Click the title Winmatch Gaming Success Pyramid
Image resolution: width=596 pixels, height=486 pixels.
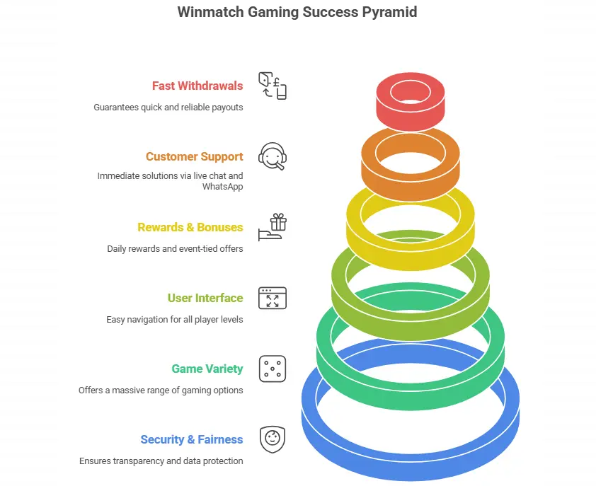coord(297,13)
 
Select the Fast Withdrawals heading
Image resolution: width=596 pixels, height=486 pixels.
coord(197,86)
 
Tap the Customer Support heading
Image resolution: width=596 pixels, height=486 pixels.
coord(194,156)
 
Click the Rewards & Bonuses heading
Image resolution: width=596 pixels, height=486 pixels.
coord(190,227)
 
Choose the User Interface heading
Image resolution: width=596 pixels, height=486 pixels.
coord(205,298)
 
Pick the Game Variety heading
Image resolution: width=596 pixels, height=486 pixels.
coord(207,369)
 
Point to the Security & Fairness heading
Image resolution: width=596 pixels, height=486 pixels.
coord(191,439)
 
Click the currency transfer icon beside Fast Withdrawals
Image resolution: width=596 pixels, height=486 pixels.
coord(273,86)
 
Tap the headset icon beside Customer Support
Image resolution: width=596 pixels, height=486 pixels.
coord(273,156)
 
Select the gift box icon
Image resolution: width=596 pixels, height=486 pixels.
coord(273,227)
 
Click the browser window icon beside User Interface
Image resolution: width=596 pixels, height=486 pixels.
coord(273,298)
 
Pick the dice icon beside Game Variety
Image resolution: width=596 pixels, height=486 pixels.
coord(273,369)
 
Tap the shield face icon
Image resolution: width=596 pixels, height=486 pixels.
coord(273,439)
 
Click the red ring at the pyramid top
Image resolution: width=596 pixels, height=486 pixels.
coord(411,106)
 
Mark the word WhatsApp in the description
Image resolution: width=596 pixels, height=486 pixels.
coord(222,187)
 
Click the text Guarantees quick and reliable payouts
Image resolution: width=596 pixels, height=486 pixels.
coord(168,108)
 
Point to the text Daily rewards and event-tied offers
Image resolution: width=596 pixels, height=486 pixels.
coord(175,249)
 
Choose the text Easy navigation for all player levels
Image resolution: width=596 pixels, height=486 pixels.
coord(174,320)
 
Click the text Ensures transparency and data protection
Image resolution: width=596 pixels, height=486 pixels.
coord(161,461)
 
